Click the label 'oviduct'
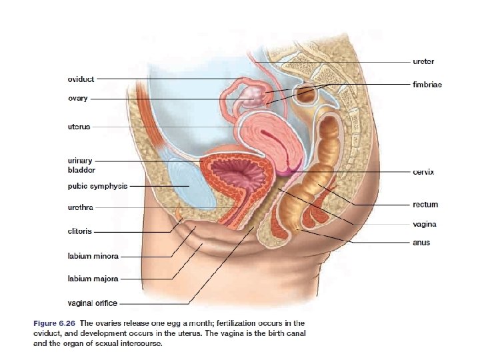point(81,79)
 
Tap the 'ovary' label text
point(77,99)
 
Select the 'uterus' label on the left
point(79,126)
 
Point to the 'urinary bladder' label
point(81,165)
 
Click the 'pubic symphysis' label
point(97,186)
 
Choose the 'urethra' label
point(81,207)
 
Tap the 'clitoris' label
point(79,231)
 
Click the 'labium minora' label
point(93,256)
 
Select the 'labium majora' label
point(92,279)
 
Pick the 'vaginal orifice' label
point(92,303)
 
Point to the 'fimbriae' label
point(427,85)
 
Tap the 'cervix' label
point(423,171)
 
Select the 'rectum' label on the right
point(425,205)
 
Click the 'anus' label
point(421,243)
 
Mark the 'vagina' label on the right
point(425,224)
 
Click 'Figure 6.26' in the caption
point(53,323)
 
